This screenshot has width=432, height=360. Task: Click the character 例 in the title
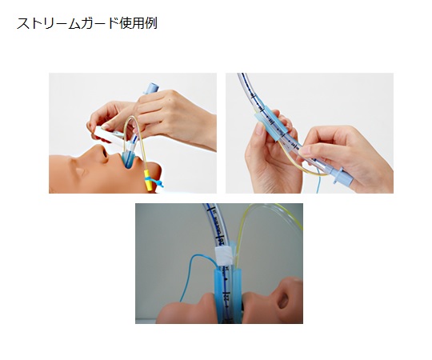tap(151, 23)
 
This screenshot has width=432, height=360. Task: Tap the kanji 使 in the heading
tap(126, 23)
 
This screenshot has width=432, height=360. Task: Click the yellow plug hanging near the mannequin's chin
tap(148, 181)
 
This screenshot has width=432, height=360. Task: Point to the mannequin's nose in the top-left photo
tap(101, 152)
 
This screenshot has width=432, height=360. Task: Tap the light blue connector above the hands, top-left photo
tap(150, 89)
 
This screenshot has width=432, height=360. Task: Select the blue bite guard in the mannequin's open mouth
tap(128, 159)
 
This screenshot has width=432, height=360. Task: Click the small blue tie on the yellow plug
tap(154, 182)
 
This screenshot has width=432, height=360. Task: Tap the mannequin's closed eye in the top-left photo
tap(80, 172)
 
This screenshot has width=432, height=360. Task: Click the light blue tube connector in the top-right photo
tap(342, 177)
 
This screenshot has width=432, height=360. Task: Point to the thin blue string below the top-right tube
tap(318, 182)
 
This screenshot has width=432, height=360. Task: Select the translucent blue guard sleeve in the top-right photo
tap(271, 123)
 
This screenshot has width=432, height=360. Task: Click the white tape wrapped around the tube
tap(225, 256)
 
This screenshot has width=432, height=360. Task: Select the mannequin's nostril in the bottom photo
tap(283, 300)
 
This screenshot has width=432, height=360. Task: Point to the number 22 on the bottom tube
tap(226, 297)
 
